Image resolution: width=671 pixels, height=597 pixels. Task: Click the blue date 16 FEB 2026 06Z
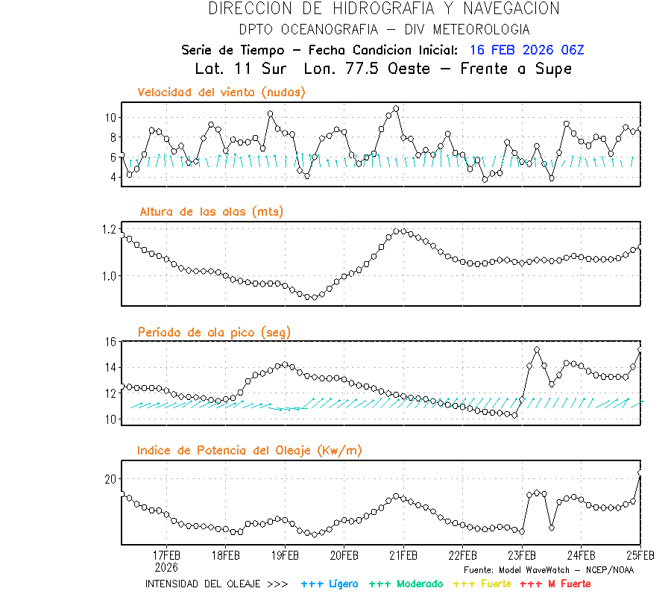[527, 50]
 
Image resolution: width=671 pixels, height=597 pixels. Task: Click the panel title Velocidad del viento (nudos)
[221, 93]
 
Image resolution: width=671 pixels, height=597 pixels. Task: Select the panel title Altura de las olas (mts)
[212, 212]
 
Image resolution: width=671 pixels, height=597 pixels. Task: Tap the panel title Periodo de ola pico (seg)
[214, 332]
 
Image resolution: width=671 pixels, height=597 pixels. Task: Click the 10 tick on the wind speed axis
[110, 118]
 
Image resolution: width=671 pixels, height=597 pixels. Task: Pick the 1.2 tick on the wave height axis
[108, 229]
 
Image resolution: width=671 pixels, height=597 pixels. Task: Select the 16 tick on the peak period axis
[110, 342]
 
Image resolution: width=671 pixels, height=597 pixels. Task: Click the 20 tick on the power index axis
[110, 478]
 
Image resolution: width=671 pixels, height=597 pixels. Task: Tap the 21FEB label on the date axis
[403, 556]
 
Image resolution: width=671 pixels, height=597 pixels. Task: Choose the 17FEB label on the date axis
[166, 556]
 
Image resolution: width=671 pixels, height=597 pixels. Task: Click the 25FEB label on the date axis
[640, 556]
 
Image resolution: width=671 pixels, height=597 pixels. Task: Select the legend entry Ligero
[330, 584]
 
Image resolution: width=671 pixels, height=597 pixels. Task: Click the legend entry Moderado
[406, 584]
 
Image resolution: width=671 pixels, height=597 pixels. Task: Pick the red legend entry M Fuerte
[555, 584]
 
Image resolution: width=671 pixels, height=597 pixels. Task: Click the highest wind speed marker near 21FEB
[396, 109]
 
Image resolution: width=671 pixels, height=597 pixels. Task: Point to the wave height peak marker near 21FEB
[403, 231]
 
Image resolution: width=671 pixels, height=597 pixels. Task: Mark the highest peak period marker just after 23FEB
[537, 350]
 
